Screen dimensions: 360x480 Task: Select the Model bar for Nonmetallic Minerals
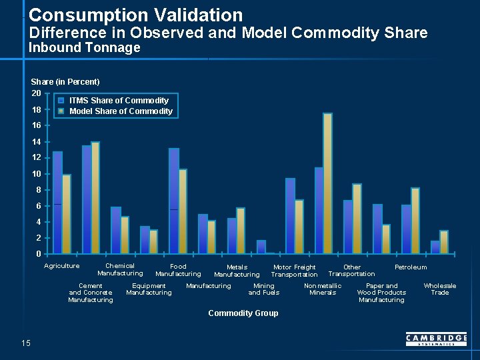coord(327,183)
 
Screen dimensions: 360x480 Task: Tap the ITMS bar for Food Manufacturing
coord(173,201)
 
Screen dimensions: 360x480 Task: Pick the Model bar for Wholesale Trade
coord(444,242)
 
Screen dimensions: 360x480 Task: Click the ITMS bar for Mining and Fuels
coord(261,247)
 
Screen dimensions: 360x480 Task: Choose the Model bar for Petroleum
coord(415,221)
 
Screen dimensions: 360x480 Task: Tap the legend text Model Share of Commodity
coord(121,111)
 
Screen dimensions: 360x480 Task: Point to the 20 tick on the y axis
coord(37,93)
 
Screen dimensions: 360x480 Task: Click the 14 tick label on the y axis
coord(37,141)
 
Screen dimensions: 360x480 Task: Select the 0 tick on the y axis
coord(39,253)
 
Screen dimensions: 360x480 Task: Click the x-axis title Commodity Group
coord(243,313)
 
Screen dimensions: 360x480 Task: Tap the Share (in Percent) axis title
coord(65,82)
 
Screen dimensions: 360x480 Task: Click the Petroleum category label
coord(411,267)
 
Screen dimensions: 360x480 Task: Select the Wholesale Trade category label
coord(440,289)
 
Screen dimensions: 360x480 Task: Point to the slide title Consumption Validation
coord(136,15)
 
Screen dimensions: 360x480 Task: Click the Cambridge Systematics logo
coord(436,340)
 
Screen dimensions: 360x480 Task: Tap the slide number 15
coord(26,343)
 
